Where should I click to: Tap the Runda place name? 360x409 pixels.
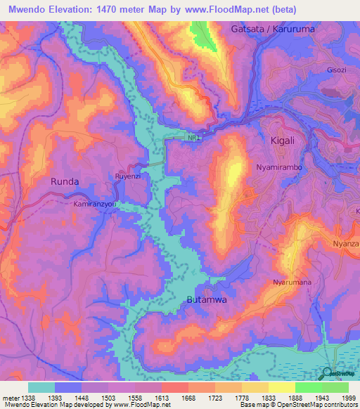click(x=65, y=181)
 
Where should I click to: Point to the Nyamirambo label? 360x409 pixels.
click(x=278, y=169)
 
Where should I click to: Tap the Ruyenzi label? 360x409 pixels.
click(x=129, y=176)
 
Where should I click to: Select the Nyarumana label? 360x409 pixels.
click(x=292, y=283)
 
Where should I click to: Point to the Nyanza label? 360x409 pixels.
click(x=345, y=244)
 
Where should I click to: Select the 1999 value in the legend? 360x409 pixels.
click(x=347, y=397)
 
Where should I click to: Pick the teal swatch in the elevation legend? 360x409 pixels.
click(x=41, y=387)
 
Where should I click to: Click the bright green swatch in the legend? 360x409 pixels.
click(x=308, y=387)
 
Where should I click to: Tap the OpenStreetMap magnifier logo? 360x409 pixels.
click(x=327, y=373)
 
